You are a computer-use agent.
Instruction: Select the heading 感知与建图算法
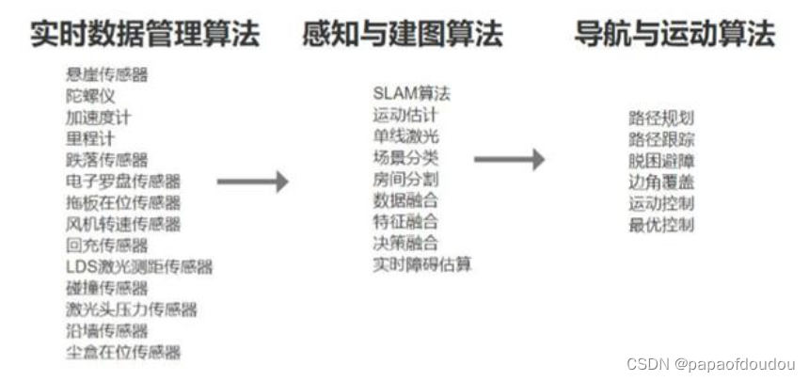click(403, 35)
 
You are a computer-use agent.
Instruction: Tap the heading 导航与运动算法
click(674, 35)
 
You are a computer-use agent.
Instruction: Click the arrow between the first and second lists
click(252, 182)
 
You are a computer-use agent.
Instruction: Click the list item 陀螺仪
click(91, 96)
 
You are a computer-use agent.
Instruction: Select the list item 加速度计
click(97, 118)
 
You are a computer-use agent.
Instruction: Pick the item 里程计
click(91, 139)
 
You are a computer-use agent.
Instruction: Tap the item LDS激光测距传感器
click(139, 267)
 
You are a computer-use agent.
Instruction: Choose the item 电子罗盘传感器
click(123, 182)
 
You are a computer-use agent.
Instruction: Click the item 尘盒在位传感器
click(123, 353)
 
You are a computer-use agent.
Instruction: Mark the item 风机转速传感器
click(123, 224)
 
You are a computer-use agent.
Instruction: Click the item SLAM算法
click(411, 93)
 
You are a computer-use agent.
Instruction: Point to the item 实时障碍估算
click(422, 264)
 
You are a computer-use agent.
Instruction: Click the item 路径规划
click(661, 119)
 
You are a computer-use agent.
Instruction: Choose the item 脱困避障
click(661, 161)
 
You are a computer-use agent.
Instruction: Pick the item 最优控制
click(661, 225)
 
